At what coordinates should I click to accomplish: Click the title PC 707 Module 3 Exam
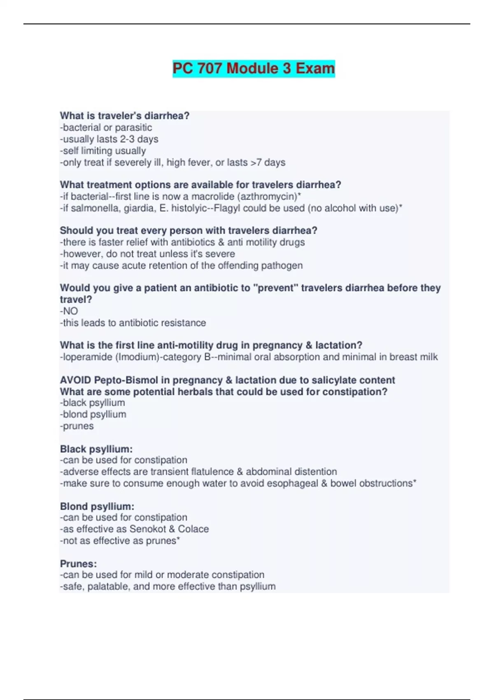click(254, 68)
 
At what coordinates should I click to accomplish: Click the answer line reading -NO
click(69, 311)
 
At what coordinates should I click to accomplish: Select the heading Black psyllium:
click(96, 449)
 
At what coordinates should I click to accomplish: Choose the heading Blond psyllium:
click(97, 506)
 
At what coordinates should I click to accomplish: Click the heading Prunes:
click(79, 563)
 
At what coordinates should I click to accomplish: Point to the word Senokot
click(147, 529)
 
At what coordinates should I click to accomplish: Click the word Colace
click(193, 529)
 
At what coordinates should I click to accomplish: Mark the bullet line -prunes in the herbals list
click(77, 426)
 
